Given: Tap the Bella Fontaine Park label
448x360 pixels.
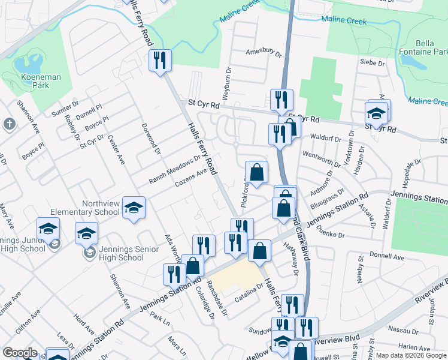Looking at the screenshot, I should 431,48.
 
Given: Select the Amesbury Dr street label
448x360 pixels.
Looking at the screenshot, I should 264,53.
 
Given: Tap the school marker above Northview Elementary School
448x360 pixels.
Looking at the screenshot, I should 134,208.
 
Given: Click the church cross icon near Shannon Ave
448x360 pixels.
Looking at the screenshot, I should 9,124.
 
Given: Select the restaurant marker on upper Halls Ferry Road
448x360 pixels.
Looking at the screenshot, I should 160,60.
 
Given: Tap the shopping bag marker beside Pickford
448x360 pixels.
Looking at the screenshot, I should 256,173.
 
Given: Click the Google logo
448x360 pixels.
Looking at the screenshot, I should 20,353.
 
